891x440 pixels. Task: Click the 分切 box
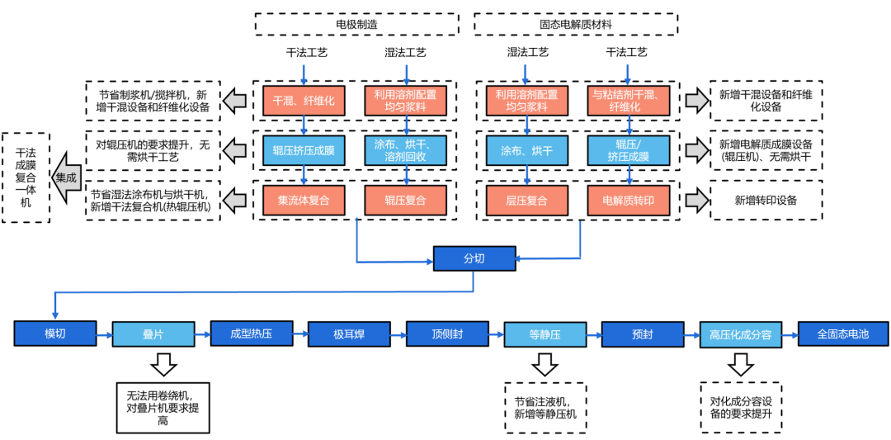tap(474, 258)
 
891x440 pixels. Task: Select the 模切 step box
tap(54, 334)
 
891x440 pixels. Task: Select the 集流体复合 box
tap(304, 200)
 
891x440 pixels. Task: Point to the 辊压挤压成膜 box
tap(304, 151)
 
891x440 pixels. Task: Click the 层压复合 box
tap(526, 200)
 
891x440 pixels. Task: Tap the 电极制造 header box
tap(357, 25)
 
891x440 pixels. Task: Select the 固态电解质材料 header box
tap(576, 25)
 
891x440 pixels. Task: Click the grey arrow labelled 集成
tap(66, 177)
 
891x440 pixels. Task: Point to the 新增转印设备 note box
tap(766, 200)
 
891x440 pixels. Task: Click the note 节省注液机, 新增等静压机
tap(545, 408)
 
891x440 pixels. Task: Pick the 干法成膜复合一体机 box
tap(26, 177)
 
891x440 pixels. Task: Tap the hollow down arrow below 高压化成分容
tap(740, 364)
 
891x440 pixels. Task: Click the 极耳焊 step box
tap(350, 334)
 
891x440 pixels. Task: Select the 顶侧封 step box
tap(447, 334)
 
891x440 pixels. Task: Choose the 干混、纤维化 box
tap(304, 102)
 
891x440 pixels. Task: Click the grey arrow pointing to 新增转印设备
tap(696, 200)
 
